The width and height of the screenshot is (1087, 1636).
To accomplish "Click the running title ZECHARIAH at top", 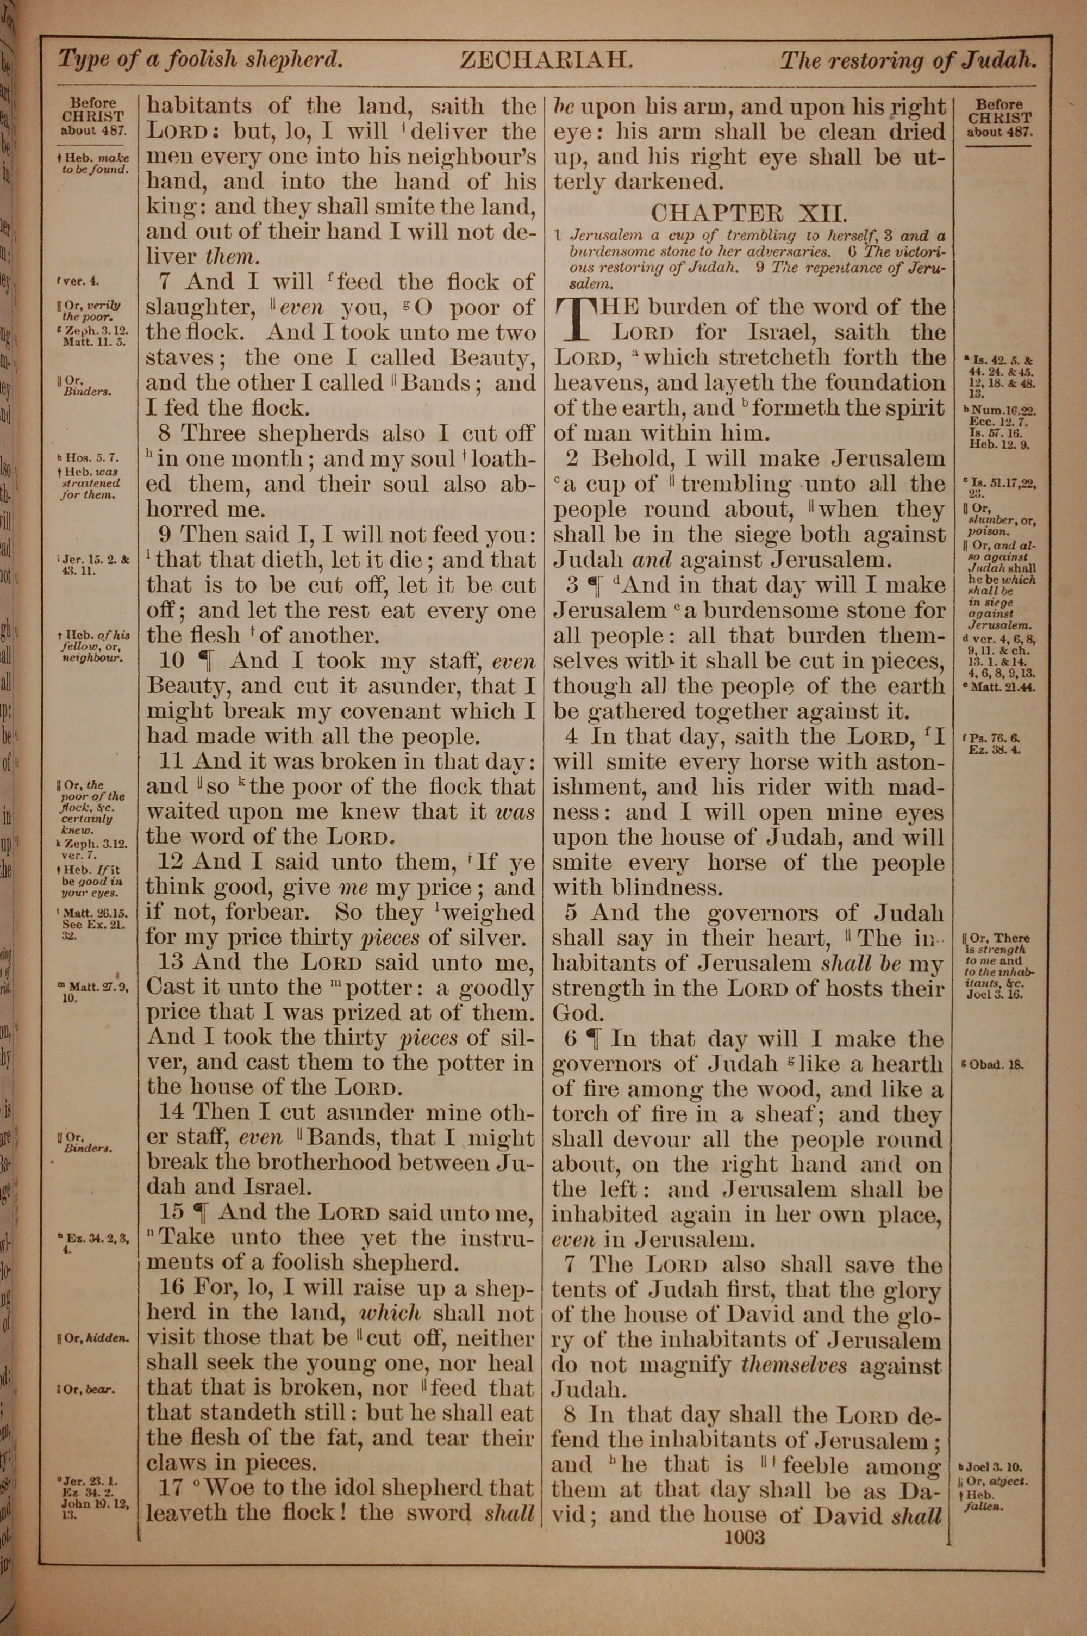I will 546,61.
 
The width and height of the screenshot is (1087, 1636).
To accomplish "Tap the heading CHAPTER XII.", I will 749,212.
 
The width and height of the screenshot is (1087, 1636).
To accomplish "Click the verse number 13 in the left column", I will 171,963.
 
